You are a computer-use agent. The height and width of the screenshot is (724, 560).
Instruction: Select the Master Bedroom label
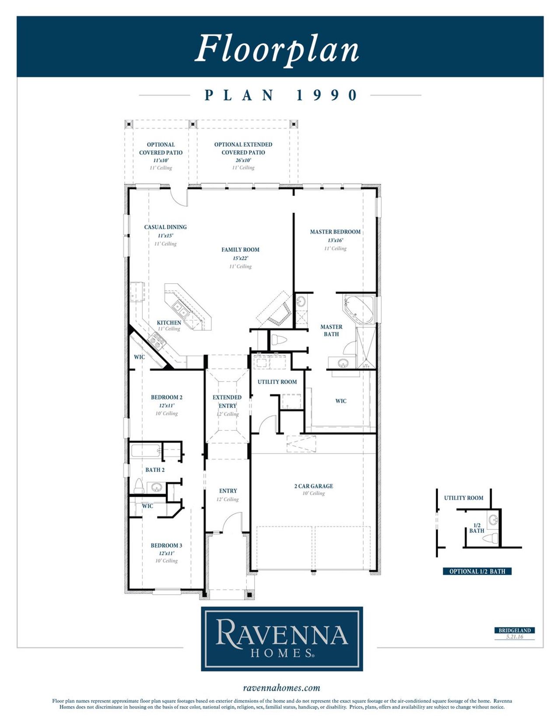tap(335, 232)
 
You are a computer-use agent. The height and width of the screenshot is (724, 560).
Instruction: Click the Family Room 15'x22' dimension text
tap(240, 258)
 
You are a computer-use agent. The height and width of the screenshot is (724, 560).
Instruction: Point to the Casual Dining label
tap(165, 227)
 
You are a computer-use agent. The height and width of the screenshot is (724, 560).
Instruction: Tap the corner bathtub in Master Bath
tap(359, 309)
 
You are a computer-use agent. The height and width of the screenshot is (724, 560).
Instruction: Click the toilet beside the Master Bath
tap(279, 340)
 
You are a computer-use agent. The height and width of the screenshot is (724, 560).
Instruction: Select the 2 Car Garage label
tap(313, 486)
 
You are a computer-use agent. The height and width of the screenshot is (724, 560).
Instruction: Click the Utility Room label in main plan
tap(277, 382)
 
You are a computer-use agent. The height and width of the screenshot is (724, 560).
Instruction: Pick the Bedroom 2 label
tap(166, 397)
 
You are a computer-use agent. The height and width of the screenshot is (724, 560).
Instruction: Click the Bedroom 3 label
tap(166, 545)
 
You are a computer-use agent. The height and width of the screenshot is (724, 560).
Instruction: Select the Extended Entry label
tap(227, 401)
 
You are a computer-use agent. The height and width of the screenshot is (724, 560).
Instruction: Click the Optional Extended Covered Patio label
tap(243, 148)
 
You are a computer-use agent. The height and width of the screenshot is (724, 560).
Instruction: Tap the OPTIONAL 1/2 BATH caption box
tap(477, 571)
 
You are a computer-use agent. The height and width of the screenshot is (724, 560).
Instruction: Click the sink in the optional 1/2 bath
tap(493, 520)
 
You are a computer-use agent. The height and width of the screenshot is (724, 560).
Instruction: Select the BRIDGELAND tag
tap(514, 630)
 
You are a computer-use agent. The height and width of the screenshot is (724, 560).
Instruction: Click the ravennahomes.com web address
tap(281, 688)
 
